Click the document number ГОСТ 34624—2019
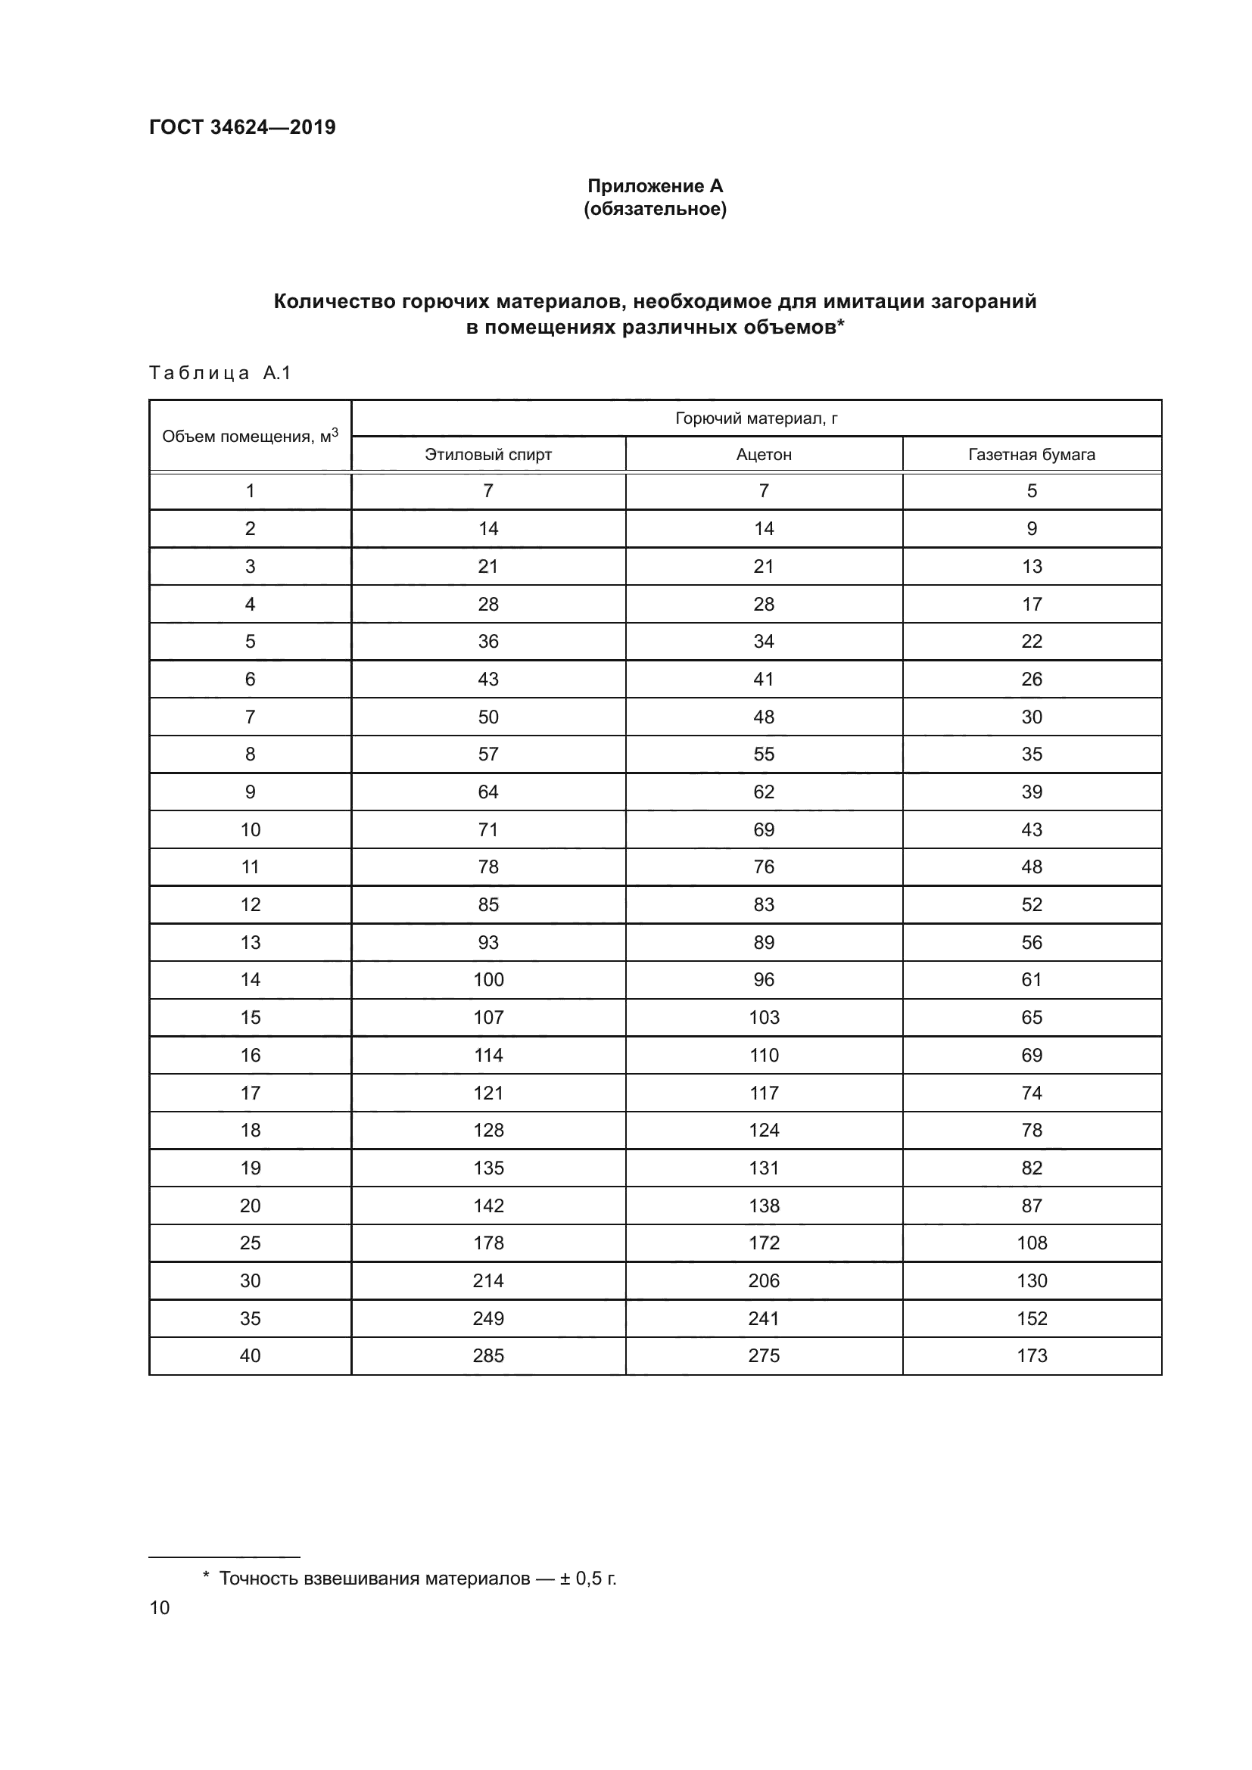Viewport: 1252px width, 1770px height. pyautogui.click(x=242, y=127)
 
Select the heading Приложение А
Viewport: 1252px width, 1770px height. pyautogui.click(x=655, y=186)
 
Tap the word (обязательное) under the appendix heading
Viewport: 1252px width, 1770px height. pyautogui.click(x=655, y=209)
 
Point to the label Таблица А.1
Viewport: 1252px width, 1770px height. pyautogui.click(x=220, y=373)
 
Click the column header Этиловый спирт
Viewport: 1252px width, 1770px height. pyautogui.click(x=488, y=455)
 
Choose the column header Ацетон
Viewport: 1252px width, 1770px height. pyautogui.click(x=763, y=455)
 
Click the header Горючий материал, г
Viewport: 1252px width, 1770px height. pyautogui.click(x=756, y=418)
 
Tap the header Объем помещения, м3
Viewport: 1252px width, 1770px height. pyautogui.click(x=250, y=437)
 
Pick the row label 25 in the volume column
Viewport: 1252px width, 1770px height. pyautogui.click(x=250, y=1243)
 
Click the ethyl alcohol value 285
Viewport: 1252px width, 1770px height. pyautogui.click(x=488, y=1355)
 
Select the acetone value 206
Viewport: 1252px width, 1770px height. pyautogui.click(x=763, y=1280)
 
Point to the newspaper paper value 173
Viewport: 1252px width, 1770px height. pyautogui.click(x=1032, y=1355)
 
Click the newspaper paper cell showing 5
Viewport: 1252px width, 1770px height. pyautogui.click(x=1032, y=491)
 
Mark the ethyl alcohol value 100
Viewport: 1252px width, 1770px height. pyautogui.click(x=488, y=980)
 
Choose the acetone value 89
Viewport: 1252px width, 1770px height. pyautogui.click(x=763, y=942)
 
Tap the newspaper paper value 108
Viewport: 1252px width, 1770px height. pyautogui.click(x=1032, y=1243)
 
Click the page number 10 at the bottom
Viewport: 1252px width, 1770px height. pyautogui.click(x=160, y=1607)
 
